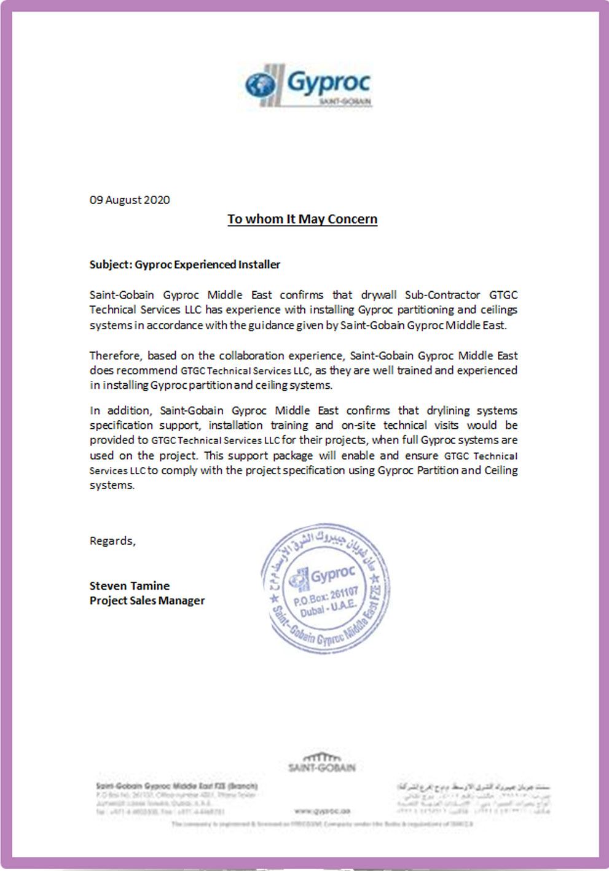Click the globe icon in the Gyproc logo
click(x=261, y=85)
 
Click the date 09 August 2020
click(x=130, y=200)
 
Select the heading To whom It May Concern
click(x=302, y=219)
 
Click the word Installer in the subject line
click(x=259, y=265)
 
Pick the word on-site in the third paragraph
click(x=358, y=425)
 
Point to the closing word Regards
click(x=112, y=541)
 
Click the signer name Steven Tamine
click(x=130, y=586)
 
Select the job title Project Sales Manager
click(x=147, y=601)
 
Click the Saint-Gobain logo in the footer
click(x=322, y=762)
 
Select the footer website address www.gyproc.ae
click(x=323, y=811)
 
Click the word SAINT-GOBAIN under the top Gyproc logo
click(x=345, y=101)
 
